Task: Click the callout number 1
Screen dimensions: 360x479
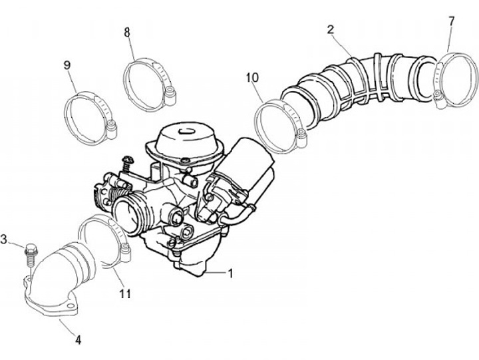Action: pyautogui.click(x=230, y=273)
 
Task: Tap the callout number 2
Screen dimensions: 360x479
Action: pyautogui.click(x=331, y=29)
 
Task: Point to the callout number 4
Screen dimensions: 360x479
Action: pyautogui.click(x=78, y=340)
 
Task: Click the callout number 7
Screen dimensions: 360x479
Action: pyautogui.click(x=451, y=21)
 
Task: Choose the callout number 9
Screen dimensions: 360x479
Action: pyautogui.click(x=67, y=65)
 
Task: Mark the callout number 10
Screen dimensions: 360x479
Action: pyautogui.click(x=251, y=78)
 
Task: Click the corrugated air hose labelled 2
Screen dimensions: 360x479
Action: pyautogui.click(x=359, y=83)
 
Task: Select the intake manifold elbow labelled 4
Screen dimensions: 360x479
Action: pyautogui.click(x=53, y=279)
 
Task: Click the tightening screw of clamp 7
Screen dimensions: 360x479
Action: pyautogui.click(x=438, y=99)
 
